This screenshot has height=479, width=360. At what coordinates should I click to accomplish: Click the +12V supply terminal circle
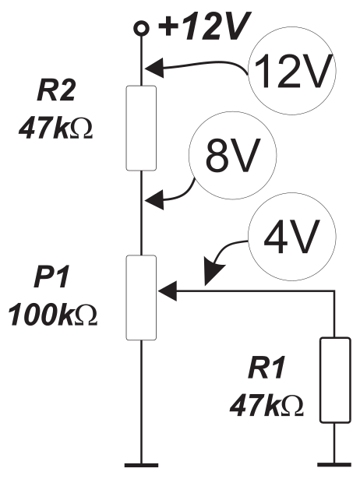coord(142,28)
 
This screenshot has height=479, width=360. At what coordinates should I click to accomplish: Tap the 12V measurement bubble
coord(291,71)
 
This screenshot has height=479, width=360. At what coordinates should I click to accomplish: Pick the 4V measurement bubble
coord(292,237)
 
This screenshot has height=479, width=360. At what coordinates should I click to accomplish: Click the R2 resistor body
coord(142,128)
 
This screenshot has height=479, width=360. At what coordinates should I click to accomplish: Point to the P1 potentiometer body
coord(142,298)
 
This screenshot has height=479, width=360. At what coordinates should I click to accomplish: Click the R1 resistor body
coord(335,380)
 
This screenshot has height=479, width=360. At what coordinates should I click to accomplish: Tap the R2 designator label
coord(56,91)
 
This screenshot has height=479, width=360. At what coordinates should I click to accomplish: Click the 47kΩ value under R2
coord(55,129)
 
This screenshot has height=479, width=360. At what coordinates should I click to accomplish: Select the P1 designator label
coord(51,277)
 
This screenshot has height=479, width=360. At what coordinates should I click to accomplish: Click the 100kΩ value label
coord(52,315)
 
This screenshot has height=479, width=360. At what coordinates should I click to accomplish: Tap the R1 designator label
coord(266,368)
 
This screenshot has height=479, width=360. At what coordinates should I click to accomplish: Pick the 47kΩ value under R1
coord(266,406)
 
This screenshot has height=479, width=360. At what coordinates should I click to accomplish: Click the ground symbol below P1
coord(142,465)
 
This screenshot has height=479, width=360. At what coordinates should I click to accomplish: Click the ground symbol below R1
coord(334,465)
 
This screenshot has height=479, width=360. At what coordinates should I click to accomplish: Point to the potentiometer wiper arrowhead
coord(168,291)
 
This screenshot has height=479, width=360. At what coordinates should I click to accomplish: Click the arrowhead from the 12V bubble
coord(154,68)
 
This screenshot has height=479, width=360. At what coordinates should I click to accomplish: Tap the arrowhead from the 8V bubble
coord(154,200)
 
